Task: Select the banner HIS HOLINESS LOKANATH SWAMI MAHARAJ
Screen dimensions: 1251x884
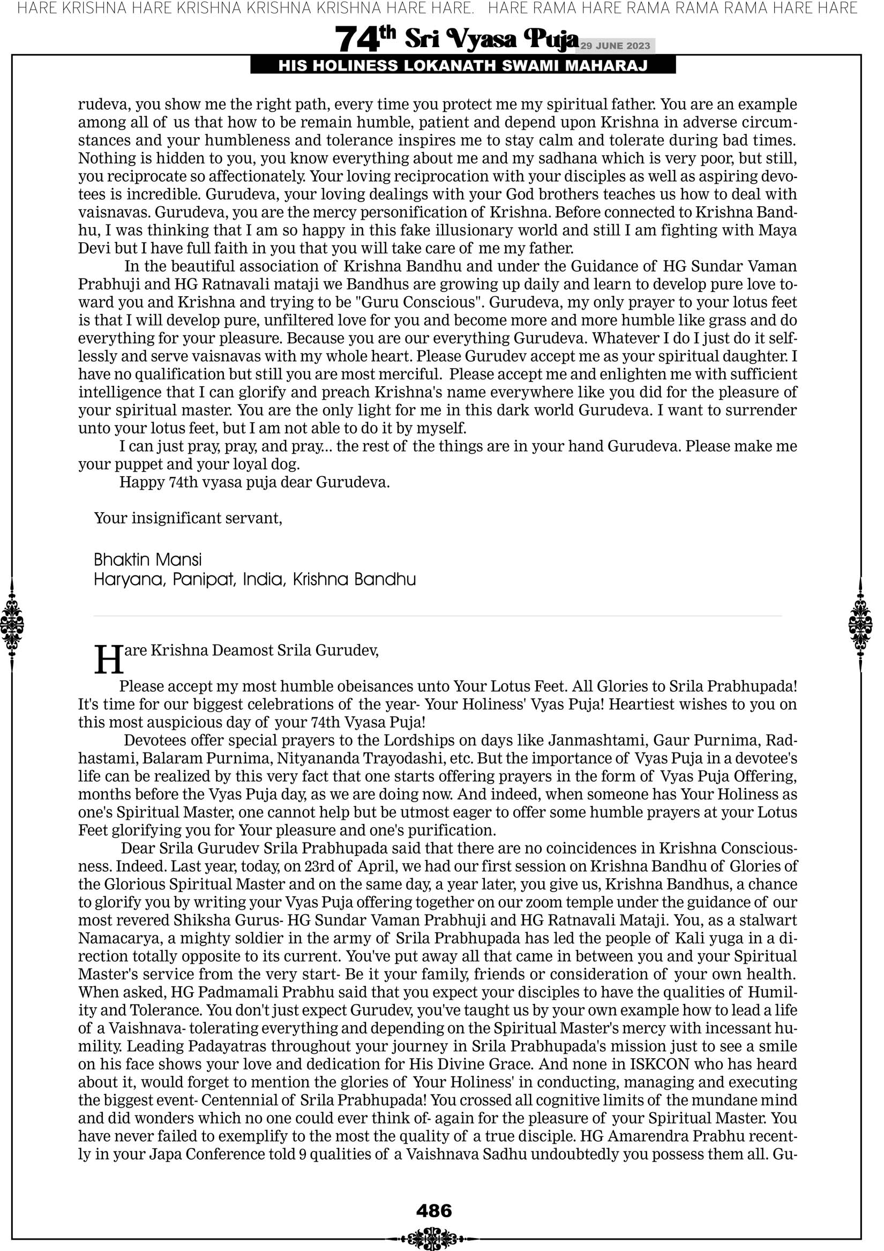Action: tap(463, 66)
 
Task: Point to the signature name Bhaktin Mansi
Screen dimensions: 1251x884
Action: tap(148, 559)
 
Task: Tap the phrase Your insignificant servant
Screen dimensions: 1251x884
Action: tap(188, 518)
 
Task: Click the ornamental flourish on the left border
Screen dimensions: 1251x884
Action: tap(12, 624)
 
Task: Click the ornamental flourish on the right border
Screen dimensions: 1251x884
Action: tap(860, 624)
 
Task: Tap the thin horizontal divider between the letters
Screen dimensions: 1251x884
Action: tap(437, 616)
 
